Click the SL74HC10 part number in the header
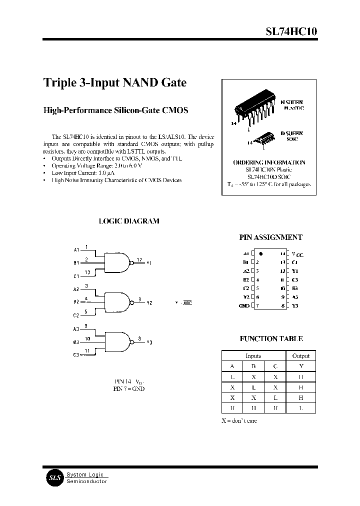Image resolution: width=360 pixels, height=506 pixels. (290, 31)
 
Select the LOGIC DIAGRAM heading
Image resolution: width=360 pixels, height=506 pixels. (129, 221)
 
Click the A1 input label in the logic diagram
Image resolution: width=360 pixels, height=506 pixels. (76, 249)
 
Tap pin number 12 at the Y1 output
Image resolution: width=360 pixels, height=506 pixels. (139, 259)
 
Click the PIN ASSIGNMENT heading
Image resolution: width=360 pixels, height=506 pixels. (271, 238)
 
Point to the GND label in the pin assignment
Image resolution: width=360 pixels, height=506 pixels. (244, 305)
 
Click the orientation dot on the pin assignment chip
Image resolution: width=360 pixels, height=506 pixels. (261, 254)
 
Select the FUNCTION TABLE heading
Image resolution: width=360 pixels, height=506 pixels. (271, 339)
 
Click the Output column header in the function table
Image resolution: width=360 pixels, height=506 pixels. (300, 356)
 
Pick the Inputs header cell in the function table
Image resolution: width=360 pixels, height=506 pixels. (253, 356)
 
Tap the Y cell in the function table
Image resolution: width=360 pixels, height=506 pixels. (300, 366)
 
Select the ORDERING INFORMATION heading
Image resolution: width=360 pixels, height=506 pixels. (269, 162)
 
